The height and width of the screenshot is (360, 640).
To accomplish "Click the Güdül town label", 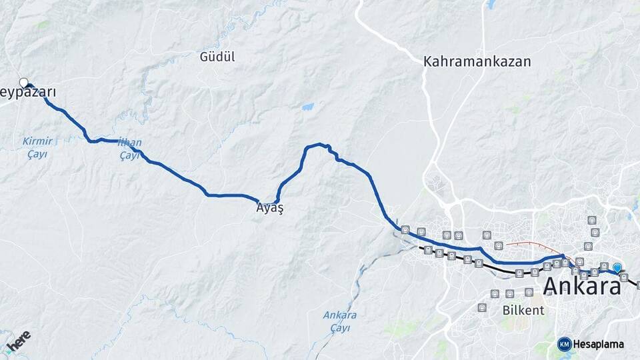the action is (x=217, y=57).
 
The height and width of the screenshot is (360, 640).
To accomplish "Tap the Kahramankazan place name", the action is (x=477, y=61).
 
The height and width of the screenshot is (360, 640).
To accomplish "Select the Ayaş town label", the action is (x=270, y=208).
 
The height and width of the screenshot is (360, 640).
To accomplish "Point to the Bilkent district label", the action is (x=523, y=310).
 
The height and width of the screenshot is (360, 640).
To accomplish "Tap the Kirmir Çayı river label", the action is (x=37, y=148).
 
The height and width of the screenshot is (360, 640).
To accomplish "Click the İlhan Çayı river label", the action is (x=129, y=149).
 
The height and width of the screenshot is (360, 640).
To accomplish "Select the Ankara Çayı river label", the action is (x=339, y=321).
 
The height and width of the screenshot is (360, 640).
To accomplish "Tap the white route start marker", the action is (x=24, y=83).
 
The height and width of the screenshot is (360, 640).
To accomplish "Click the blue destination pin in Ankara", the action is (x=617, y=268).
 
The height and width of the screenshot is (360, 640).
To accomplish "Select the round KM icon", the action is (x=565, y=344).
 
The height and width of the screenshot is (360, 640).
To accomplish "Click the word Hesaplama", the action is (x=599, y=344).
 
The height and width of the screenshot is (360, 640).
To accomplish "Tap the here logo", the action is (x=18, y=342).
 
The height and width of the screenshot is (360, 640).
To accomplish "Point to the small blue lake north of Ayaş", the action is (x=307, y=107).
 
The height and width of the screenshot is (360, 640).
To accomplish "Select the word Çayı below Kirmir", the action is (x=37, y=155).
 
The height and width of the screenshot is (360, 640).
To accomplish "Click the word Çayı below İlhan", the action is (x=129, y=155).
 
